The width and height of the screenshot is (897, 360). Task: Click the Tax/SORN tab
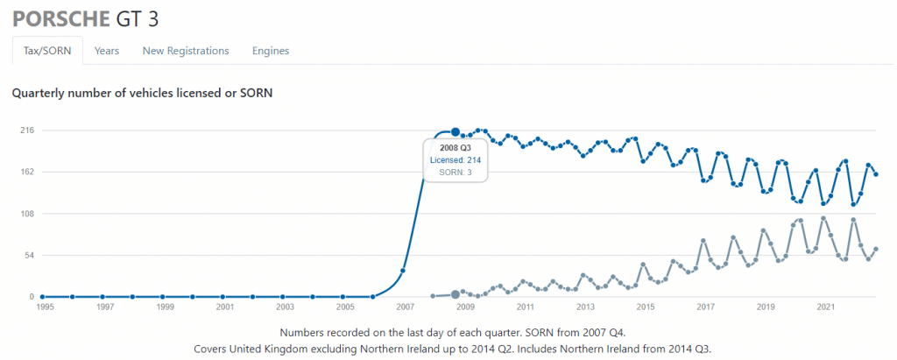pyautogui.click(x=47, y=51)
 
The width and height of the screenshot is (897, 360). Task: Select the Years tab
pyautogui.click(x=107, y=51)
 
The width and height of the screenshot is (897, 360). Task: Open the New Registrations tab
pyautogui.click(x=186, y=51)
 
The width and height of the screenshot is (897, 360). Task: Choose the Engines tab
pyautogui.click(x=271, y=51)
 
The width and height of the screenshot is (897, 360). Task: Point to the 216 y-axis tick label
pyautogui.click(x=27, y=131)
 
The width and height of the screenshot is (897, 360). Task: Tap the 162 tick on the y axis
pyautogui.click(x=27, y=172)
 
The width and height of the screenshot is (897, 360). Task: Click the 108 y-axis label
pyautogui.click(x=27, y=214)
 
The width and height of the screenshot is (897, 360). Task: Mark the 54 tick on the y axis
pyautogui.click(x=29, y=256)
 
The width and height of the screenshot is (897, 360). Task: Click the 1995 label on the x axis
pyautogui.click(x=44, y=308)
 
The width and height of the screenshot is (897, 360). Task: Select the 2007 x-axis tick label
pyautogui.click(x=405, y=308)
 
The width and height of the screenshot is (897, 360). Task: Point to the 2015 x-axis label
pyautogui.click(x=646, y=308)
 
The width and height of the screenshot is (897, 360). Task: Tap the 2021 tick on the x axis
pyautogui.click(x=825, y=308)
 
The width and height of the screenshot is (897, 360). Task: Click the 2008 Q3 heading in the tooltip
pyautogui.click(x=456, y=148)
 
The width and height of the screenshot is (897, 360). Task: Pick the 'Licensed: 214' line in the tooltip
pyautogui.click(x=456, y=160)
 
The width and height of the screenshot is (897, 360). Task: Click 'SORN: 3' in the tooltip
pyautogui.click(x=456, y=173)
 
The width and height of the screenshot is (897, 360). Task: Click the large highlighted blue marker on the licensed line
pyautogui.click(x=456, y=132)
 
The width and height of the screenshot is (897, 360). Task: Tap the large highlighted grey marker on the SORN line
pyautogui.click(x=456, y=294)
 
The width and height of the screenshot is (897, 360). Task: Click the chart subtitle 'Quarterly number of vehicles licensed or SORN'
pyautogui.click(x=142, y=92)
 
